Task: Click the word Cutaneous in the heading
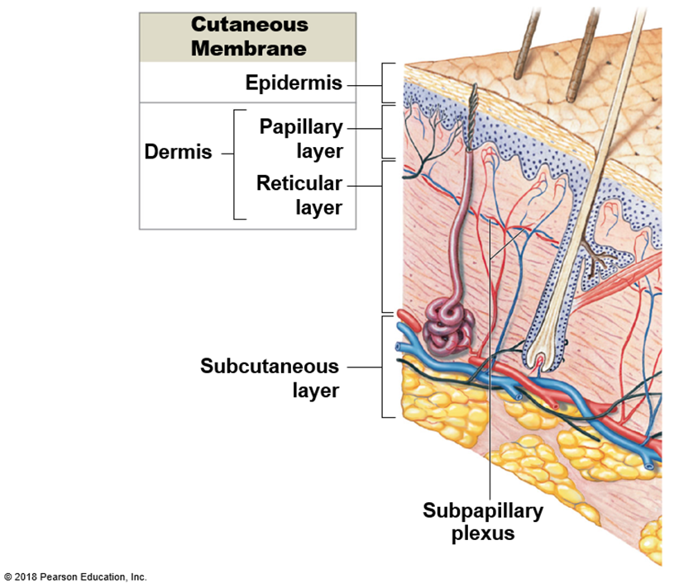click(249, 25)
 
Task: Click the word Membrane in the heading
click(249, 48)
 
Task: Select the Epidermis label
click(294, 83)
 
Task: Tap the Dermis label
click(178, 152)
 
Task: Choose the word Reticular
click(299, 182)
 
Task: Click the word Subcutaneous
click(270, 366)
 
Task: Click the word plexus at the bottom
click(484, 533)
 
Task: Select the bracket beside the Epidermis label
click(385, 83)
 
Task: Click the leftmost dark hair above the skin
click(524, 45)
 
